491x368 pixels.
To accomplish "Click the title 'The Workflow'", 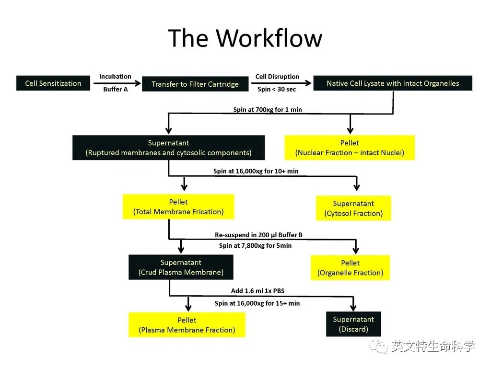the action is pos(245,38).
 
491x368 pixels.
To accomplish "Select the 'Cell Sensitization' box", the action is pos(53,83).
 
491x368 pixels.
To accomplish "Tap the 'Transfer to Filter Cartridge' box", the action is pos(195,84).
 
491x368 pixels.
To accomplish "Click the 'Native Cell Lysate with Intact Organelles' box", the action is pos(393,83).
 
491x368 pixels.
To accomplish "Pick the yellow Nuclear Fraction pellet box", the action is pos(350,148).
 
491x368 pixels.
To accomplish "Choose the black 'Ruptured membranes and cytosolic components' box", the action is pos(168,148).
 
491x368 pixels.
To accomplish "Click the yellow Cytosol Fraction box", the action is pos(353,208).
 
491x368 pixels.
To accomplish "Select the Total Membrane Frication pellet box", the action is pos(178,207).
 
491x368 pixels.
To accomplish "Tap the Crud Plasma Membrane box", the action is pos(181,267).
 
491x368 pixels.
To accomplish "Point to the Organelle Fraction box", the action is pos(350,267).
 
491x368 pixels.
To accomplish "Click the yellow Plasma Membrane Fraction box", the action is pos(187,325).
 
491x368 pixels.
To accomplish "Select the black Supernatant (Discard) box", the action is pos(353,324).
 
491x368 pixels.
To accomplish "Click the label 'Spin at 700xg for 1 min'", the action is pos(268,110).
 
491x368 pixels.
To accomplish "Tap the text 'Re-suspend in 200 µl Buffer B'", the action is pos(258,235).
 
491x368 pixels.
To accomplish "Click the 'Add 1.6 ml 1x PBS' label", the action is pos(257,291).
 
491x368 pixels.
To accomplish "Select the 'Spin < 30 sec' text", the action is pos(277,89).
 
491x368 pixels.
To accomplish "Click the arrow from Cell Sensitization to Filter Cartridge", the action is pos(117,83).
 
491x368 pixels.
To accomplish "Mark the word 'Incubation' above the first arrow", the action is pos(115,76).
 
